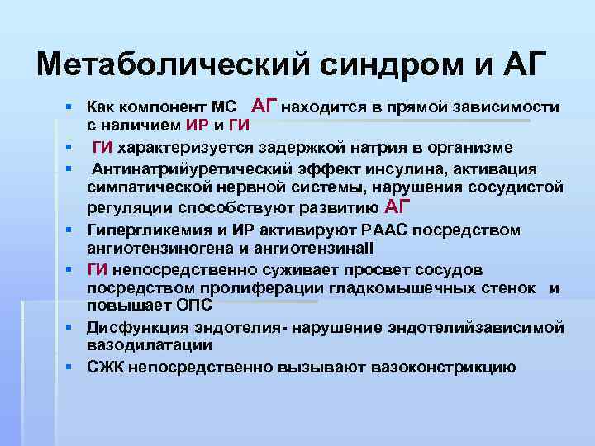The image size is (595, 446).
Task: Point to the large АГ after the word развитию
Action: (x=394, y=206)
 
